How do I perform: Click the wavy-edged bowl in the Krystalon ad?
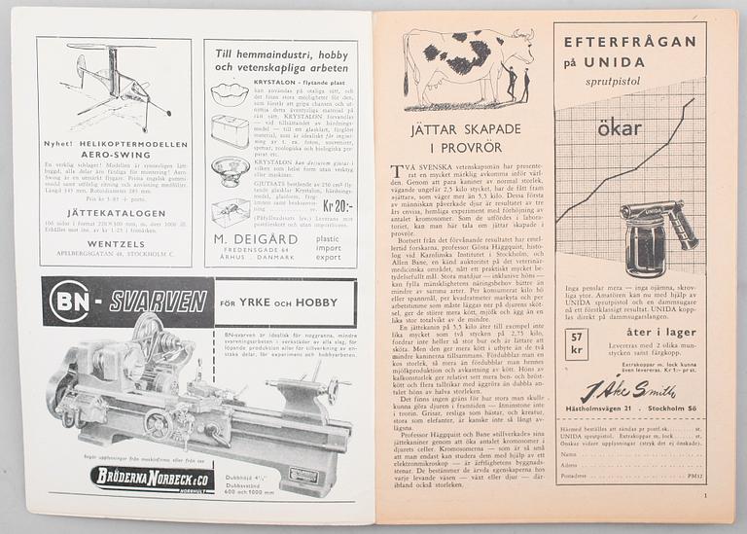tap(230, 94)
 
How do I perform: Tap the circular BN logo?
tap(70, 302)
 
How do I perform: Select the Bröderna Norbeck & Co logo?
tap(152, 479)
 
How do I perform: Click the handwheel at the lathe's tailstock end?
tap(336, 388)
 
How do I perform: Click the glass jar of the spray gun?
tap(645, 249)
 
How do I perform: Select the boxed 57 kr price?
tap(576, 342)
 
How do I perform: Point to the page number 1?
tap(703, 496)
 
